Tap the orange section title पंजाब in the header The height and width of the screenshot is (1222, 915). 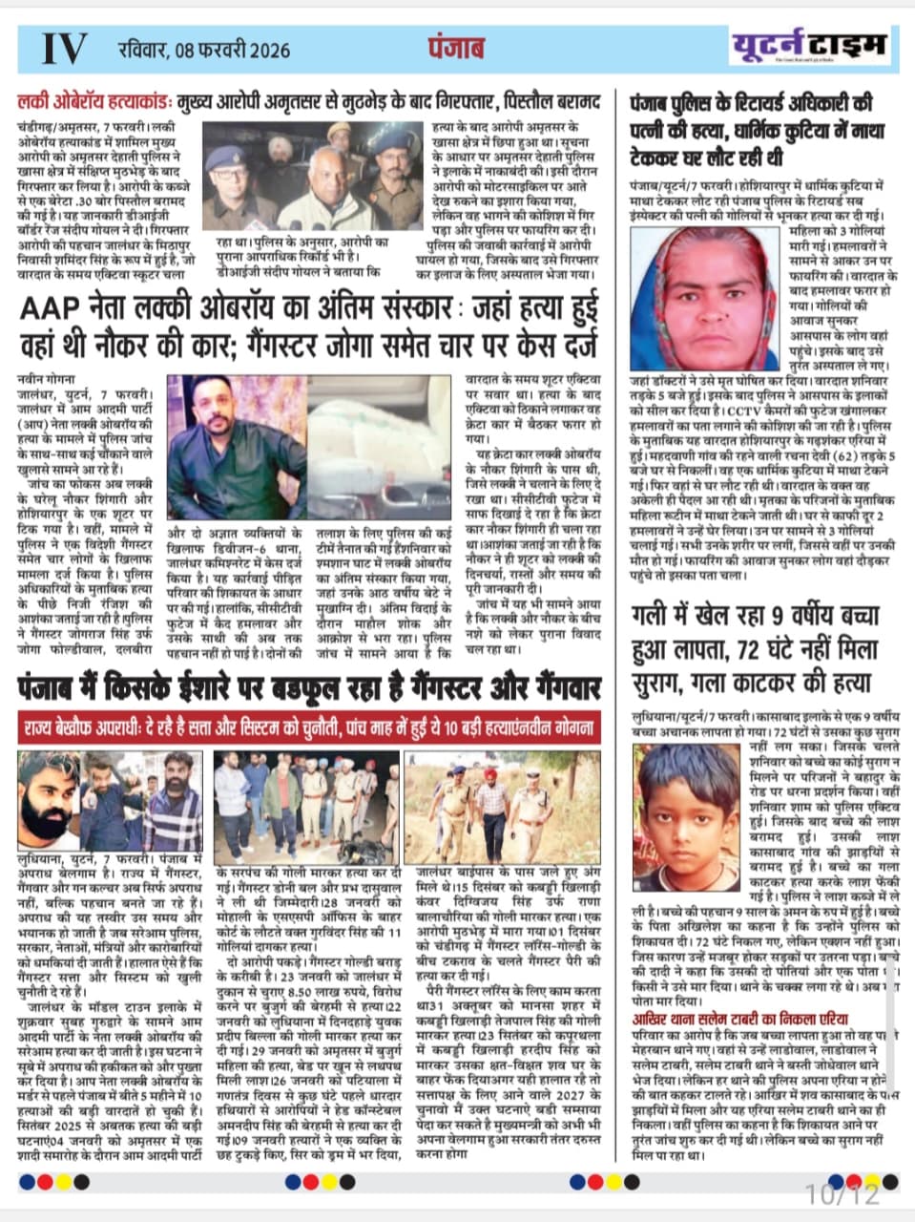pyautogui.click(x=456, y=48)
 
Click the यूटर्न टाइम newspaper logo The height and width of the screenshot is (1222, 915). pyautogui.click(x=808, y=45)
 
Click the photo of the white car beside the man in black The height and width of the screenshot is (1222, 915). pyautogui.click(x=382, y=447)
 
